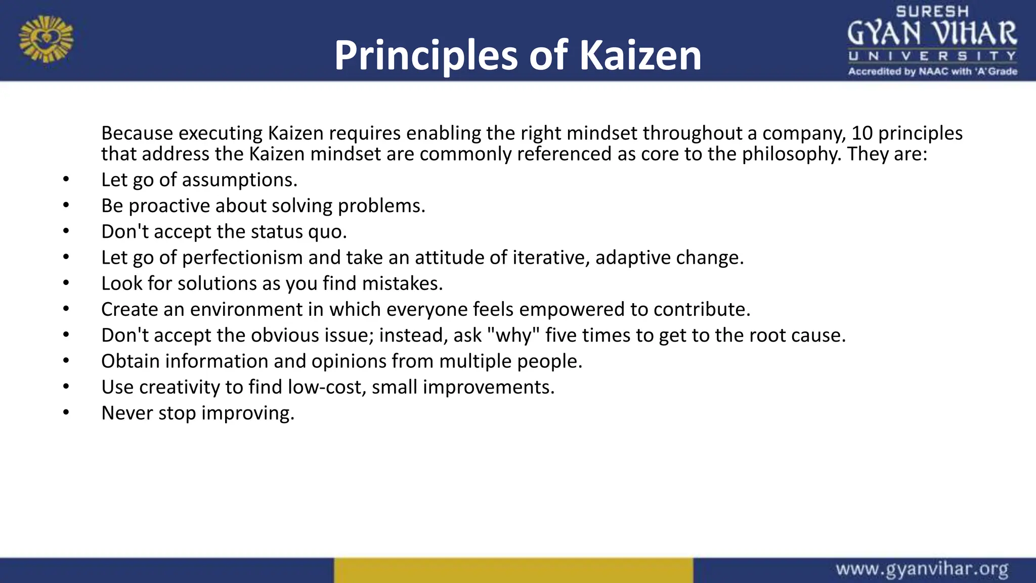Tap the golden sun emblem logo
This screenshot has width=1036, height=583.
[46, 39]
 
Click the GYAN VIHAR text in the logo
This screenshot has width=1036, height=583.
[932, 33]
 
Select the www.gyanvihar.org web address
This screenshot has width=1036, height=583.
[922, 569]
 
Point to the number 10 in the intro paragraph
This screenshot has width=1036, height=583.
[862, 133]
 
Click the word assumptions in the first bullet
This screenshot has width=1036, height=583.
[239, 180]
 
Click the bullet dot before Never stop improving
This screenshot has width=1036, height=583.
[66, 412]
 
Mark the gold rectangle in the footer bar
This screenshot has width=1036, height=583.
[513, 570]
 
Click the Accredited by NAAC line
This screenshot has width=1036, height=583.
[932, 71]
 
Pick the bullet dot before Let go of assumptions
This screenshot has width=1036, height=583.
[66, 179]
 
